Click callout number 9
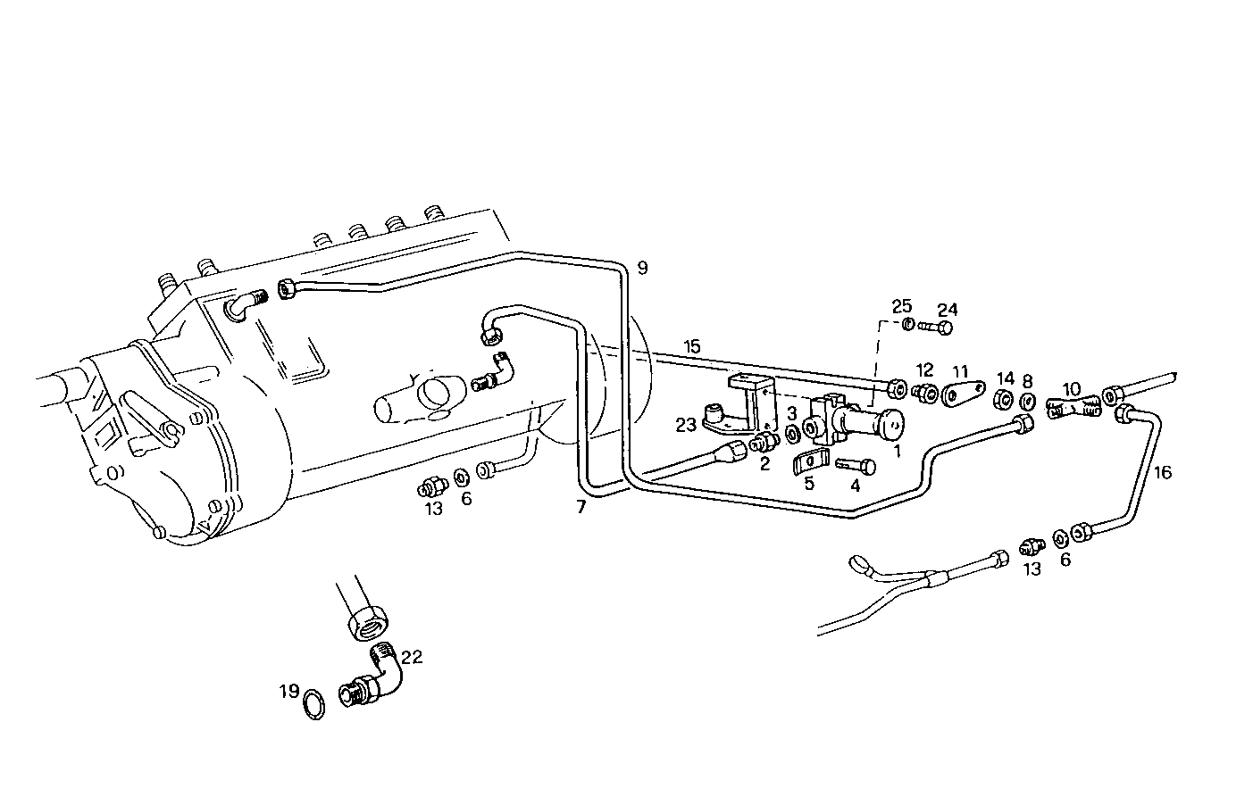(642, 267)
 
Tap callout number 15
(692, 345)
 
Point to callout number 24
(947, 310)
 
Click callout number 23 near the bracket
(685, 425)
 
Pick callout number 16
(1162, 472)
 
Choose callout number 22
(411, 658)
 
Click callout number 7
(581, 508)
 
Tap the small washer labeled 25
(907, 323)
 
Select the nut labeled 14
(1003, 397)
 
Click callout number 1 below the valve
(897, 452)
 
